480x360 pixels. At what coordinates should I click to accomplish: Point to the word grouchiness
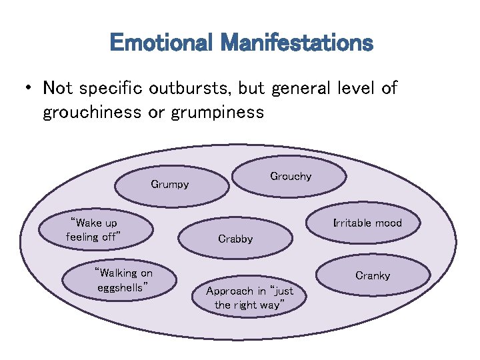click(x=91, y=112)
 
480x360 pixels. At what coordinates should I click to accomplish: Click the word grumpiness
click(x=217, y=112)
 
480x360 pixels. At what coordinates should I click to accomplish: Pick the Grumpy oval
click(x=170, y=185)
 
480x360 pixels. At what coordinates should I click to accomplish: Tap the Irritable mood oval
click(x=367, y=223)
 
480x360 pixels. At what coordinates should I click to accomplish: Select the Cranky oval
click(x=373, y=275)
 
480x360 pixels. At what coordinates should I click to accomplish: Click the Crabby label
click(x=235, y=239)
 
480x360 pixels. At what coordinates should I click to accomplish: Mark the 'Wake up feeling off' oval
click(x=93, y=229)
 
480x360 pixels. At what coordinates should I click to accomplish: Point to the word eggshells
click(x=122, y=287)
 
